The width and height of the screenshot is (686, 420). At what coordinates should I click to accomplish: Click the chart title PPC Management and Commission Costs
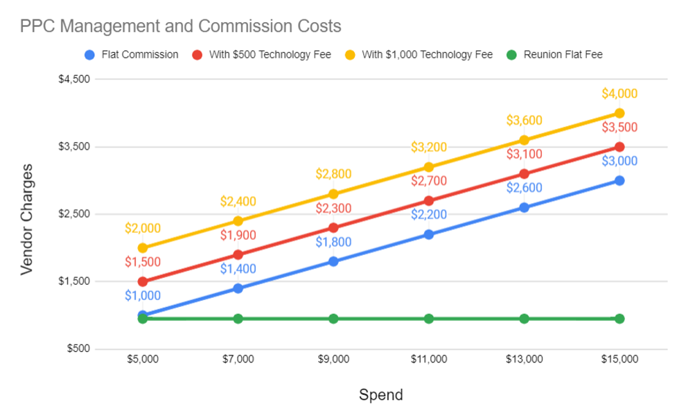pyautogui.click(x=180, y=26)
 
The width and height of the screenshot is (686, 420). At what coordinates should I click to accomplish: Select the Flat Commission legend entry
pyautogui.click(x=139, y=55)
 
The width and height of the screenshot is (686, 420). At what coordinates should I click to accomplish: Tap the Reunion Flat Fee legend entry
pyautogui.click(x=563, y=55)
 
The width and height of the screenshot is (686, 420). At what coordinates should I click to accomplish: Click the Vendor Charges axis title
pyautogui.click(x=26, y=218)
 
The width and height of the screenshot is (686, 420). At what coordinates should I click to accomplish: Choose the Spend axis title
pyautogui.click(x=380, y=395)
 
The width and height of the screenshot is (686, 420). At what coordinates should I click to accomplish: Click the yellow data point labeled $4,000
pyautogui.click(x=619, y=113)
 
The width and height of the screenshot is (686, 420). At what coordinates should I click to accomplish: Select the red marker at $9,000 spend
pyautogui.click(x=333, y=227)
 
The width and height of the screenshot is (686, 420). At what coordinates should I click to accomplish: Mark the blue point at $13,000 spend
pyautogui.click(x=524, y=207)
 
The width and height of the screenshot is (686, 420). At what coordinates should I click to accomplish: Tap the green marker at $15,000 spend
pyautogui.click(x=619, y=319)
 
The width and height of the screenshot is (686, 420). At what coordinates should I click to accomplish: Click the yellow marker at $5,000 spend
pyautogui.click(x=143, y=247)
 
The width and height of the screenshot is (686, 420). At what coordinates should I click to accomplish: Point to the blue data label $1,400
pyautogui.click(x=238, y=269)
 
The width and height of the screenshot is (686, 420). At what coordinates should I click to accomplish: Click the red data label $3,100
pyautogui.click(x=524, y=154)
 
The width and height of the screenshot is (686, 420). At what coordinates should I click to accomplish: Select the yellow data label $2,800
pyautogui.click(x=333, y=174)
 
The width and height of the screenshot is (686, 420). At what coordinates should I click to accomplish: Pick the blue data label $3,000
pyautogui.click(x=619, y=161)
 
